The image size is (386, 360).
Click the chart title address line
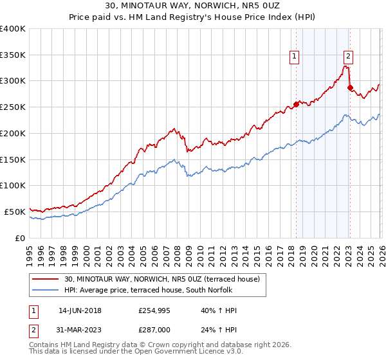click(x=193, y=7)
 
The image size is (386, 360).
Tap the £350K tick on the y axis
click(x=13, y=55)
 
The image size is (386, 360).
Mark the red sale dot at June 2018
click(x=296, y=104)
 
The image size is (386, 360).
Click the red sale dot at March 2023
click(x=350, y=87)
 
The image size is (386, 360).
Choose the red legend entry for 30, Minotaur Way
click(x=161, y=279)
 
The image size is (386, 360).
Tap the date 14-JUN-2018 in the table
click(x=80, y=310)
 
